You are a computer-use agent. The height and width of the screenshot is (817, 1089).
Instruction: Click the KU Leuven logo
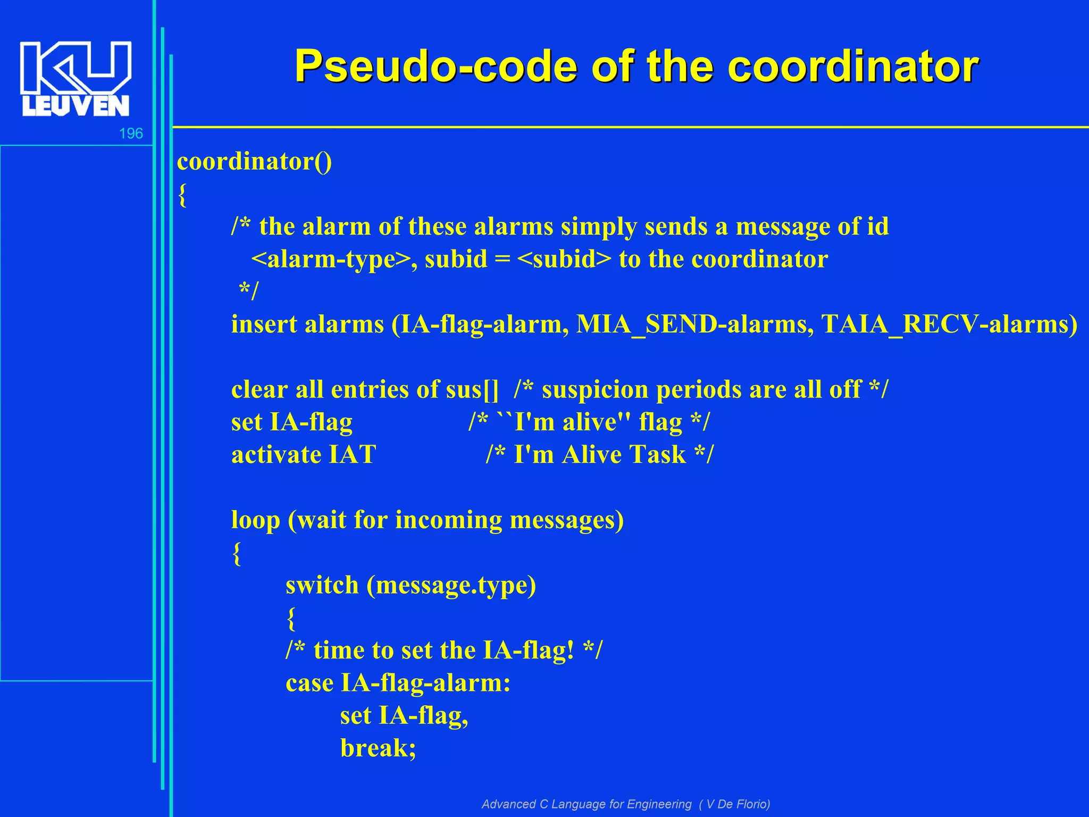pyautogui.click(x=76, y=79)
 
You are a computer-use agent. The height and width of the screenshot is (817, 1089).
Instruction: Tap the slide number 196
pyautogui.click(x=131, y=134)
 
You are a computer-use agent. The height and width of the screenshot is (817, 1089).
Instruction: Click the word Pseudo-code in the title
pyautogui.click(x=435, y=66)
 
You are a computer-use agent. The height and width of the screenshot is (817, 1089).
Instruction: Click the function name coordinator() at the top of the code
pyautogui.click(x=254, y=161)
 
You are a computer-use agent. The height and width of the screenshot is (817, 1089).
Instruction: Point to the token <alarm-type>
pyautogui.click(x=330, y=260)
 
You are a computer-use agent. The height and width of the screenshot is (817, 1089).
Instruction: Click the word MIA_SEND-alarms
pyautogui.click(x=694, y=324)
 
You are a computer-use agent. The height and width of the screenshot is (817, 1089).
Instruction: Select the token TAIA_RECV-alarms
pyautogui.click(x=949, y=324)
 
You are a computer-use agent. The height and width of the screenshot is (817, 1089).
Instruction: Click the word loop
pyautogui.click(x=255, y=520)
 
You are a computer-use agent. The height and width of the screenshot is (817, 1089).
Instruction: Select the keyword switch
pyautogui.click(x=322, y=585)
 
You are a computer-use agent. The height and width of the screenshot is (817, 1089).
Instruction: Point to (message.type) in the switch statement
pyautogui.click(x=451, y=585)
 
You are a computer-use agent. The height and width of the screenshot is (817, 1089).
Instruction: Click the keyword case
pyautogui.click(x=309, y=683)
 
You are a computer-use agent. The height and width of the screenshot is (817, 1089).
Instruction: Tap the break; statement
pyautogui.click(x=378, y=748)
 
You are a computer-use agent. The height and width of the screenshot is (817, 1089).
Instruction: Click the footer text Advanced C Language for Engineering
pyautogui.click(x=587, y=804)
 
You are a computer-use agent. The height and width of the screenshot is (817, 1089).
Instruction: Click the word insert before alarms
pyautogui.click(x=264, y=324)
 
